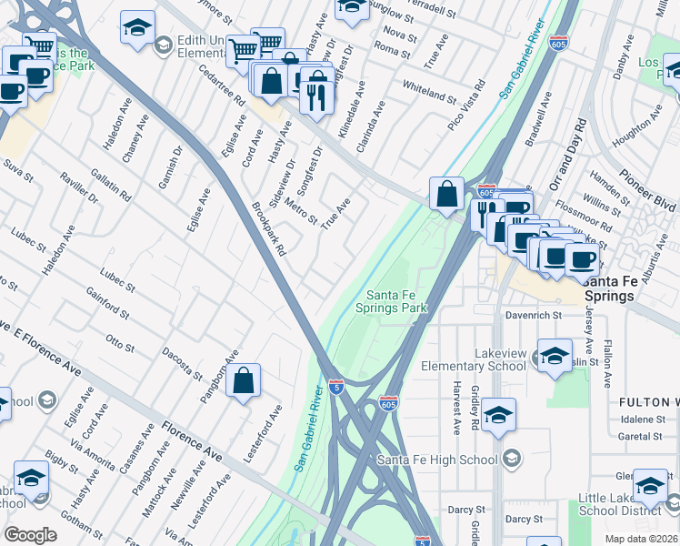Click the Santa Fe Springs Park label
click(x=396, y=301)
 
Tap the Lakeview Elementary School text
click(x=473, y=359)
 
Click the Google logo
click(x=30, y=535)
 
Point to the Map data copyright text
click(x=639, y=539)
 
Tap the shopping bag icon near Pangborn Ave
click(x=244, y=383)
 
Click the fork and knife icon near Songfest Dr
click(x=316, y=96)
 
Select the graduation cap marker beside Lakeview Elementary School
click(x=555, y=357)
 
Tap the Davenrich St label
click(x=535, y=315)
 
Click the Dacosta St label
click(x=181, y=361)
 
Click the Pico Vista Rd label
click(x=467, y=111)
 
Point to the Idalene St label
click(x=639, y=420)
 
